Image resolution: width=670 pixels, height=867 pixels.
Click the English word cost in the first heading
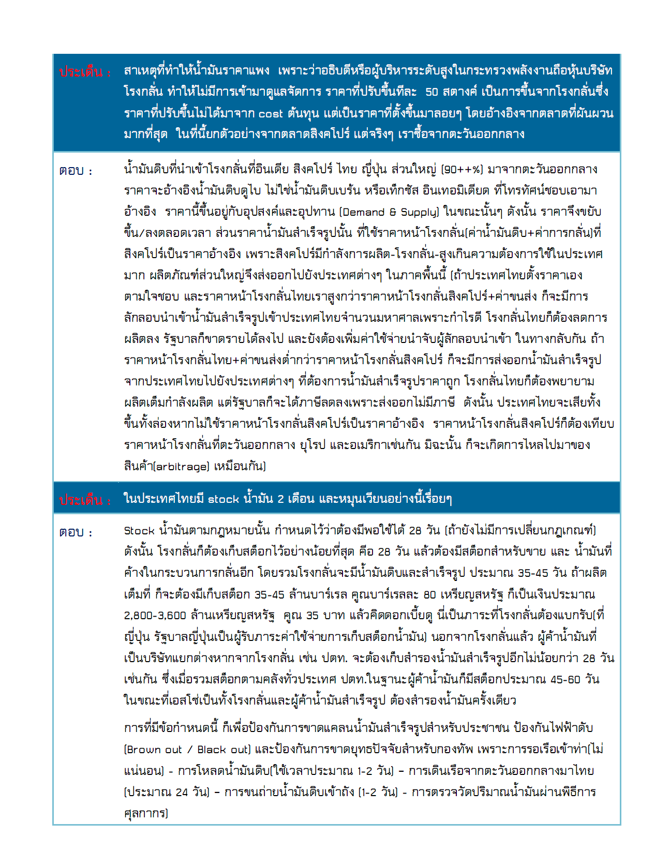click(271, 113)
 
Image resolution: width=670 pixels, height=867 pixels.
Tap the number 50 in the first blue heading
click(432, 92)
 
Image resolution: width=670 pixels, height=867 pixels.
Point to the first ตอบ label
click(76, 171)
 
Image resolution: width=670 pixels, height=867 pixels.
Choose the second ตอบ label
click(76, 532)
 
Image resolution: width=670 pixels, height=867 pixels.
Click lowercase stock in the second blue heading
click(224, 499)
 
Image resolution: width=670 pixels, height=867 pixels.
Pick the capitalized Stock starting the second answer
click(139, 531)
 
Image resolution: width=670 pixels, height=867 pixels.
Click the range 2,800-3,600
click(155, 616)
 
